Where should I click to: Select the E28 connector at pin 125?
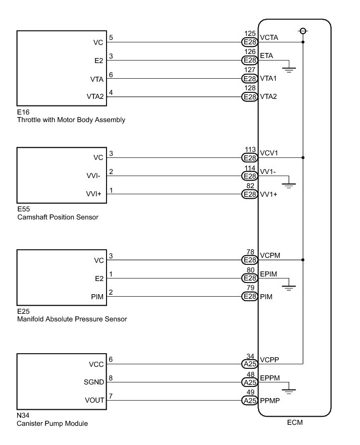pos(249,42)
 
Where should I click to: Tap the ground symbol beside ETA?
pos(289,69)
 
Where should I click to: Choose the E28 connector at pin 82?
pos(249,194)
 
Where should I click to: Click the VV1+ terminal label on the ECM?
pos(268,194)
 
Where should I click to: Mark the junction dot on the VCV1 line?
pos(303,158)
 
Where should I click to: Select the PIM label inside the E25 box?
pos(97,297)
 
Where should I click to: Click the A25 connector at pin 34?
pos(249,362)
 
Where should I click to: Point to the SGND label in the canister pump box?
pos(94,382)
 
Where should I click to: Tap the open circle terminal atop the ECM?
pos(303,31)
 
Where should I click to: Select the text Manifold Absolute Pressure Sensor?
pos(72,319)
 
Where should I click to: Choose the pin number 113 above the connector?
pos(249,150)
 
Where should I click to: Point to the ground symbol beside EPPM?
pos(289,390)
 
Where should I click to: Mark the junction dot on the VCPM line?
pos(303,260)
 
